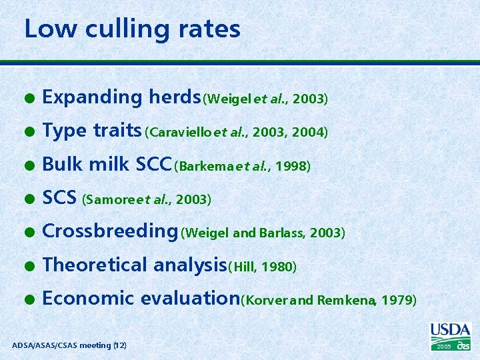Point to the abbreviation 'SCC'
coord(153,165)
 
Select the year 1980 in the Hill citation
coord(279,267)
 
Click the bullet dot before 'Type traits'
coord(29,131)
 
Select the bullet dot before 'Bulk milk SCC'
coord(29,165)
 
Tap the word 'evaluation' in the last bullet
coord(195,298)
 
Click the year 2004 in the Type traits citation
coord(311,133)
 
